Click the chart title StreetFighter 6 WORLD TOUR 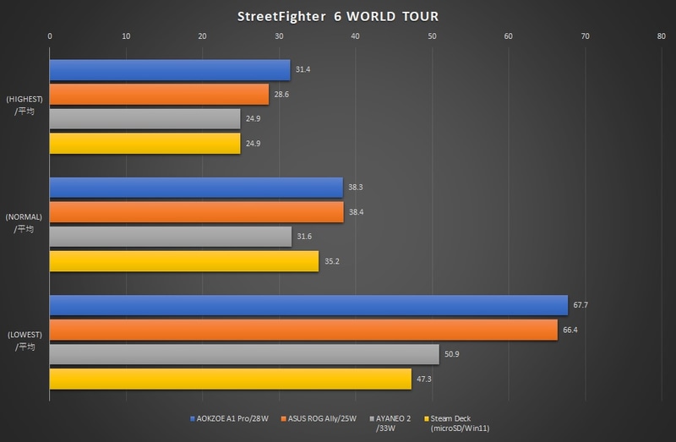click(338, 16)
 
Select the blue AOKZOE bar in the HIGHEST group click(169, 70)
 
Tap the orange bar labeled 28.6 click(159, 95)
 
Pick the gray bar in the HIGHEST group click(144, 119)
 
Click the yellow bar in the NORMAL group click(183, 261)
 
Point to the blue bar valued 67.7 click(308, 305)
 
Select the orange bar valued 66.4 click(303, 330)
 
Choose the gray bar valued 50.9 click(244, 354)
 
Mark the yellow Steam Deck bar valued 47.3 click(230, 379)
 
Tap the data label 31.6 click(304, 237)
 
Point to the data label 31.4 click(303, 70)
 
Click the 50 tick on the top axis click(432, 36)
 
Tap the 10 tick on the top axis click(126, 36)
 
